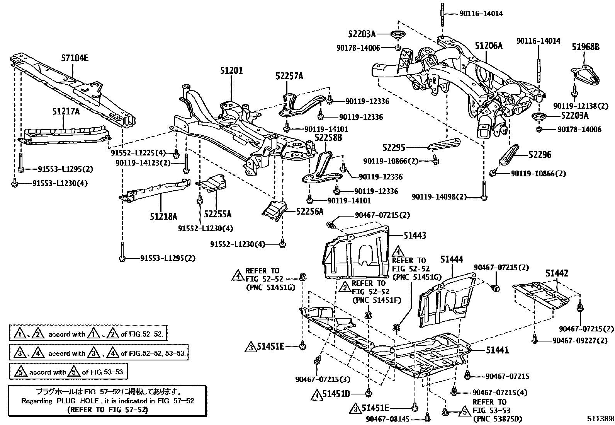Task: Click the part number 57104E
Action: pyautogui.click(x=75, y=58)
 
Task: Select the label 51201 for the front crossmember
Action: pyautogui.click(x=231, y=70)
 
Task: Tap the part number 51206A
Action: pyautogui.click(x=488, y=46)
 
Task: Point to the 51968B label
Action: pyautogui.click(x=586, y=47)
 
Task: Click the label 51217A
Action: pyautogui.click(x=66, y=111)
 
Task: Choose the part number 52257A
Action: pyautogui.click(x=289, y=76)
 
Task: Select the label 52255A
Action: pyautogui.click(x=217, y=214)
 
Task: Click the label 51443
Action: pyautogui.click(x=415, y=235)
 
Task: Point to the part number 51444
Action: pyautogui.click(x=452, y=259)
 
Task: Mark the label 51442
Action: pyautogui.click(x=557, y=273)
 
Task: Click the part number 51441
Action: pyautogui.click(x=497, y=350)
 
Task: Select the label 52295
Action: pyautogui.click(x=394, y=147)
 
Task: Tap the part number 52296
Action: pyautogui.click(x=540, y=155)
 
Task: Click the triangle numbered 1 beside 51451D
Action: pyautogui.click(x=317, y=395)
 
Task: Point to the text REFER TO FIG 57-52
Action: pyautogui.click(x=107, y=409)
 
